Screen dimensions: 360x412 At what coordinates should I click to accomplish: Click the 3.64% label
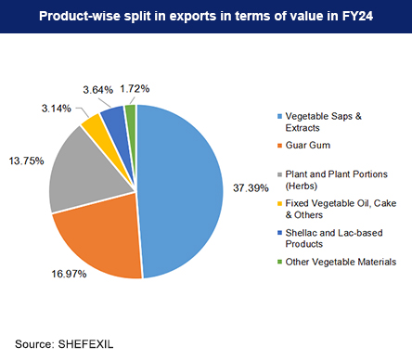(x=100, y=89)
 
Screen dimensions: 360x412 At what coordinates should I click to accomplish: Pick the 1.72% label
(x=138, y=86)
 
